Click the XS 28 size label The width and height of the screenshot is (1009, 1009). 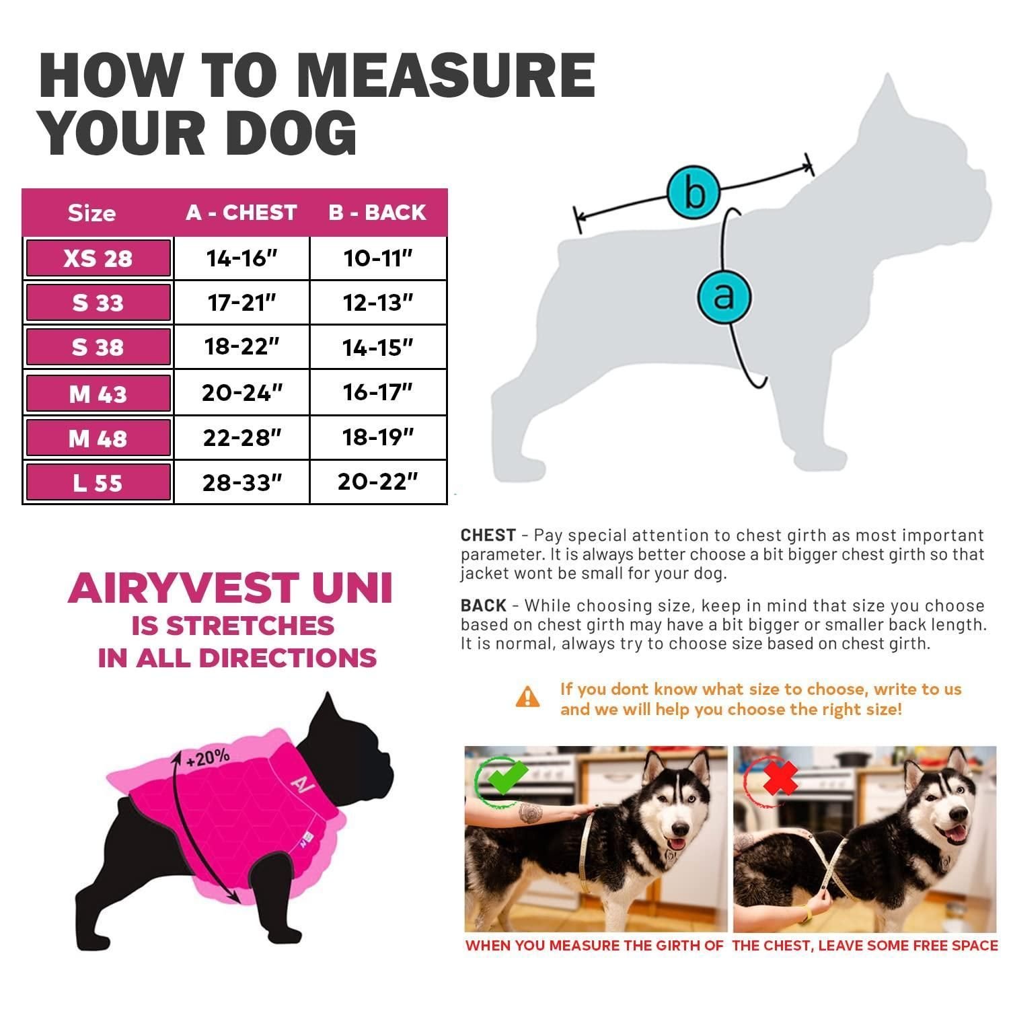point(98,258)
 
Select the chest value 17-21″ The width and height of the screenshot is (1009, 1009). point(242,303)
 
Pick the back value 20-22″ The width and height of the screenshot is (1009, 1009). point(378,482)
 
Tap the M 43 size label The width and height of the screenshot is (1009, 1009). point(98,394)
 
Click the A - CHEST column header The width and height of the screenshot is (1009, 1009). point(241,213)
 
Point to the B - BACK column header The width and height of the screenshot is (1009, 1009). point(377,213)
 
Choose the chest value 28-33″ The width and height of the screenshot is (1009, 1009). point(242,482)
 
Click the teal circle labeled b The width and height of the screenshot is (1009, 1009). point(694,192)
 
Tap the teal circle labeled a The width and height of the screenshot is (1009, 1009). point(724,295)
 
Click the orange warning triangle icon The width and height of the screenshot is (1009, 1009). point(527,696)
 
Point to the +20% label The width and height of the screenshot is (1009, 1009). point(208,757)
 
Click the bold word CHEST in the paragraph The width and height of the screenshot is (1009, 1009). point(488,535)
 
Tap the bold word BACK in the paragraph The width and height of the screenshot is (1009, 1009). point(484,605)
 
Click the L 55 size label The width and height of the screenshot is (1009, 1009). point(98,483)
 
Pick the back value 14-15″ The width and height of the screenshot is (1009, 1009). point(378,348)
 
